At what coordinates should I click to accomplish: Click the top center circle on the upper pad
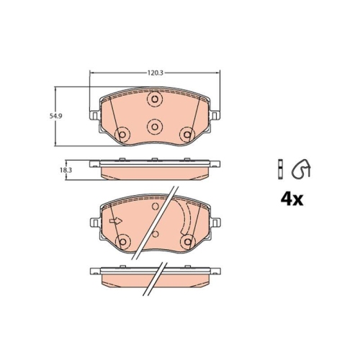154,100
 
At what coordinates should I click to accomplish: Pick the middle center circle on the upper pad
154,126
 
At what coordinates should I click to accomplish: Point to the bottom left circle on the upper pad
122,134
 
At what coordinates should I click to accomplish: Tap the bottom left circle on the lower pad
122,241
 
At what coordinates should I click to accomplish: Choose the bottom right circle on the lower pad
187,241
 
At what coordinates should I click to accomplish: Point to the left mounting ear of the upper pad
94,113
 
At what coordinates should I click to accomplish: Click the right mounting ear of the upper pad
215,113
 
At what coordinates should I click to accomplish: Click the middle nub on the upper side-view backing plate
154,160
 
